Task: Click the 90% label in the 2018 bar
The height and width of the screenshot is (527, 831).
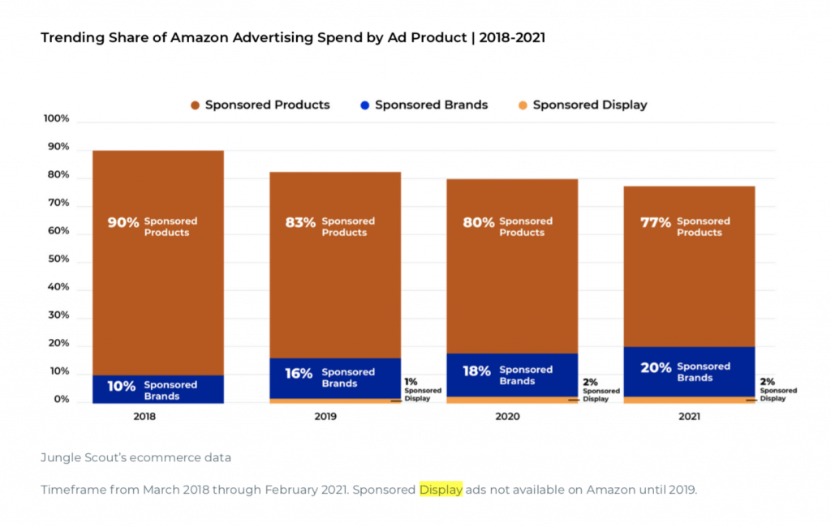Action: (x=123, y=222)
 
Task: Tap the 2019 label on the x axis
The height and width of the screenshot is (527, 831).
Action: (x=334, y=417)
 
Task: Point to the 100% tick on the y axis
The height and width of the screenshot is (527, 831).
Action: (x=56, y=119)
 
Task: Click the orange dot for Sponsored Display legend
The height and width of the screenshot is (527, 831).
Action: (x=523, y=105)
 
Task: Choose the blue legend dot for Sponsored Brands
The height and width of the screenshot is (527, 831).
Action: (x=365, y=105)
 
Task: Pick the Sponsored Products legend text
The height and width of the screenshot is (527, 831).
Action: (x=267, y=105)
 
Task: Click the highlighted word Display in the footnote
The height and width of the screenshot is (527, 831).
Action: (x=441, y=490)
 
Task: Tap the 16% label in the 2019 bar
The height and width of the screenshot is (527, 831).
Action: (x=299, y=373)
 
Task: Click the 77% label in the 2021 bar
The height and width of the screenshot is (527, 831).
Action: (x=655, y=222)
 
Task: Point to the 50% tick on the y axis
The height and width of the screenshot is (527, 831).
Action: (x=58, y=260)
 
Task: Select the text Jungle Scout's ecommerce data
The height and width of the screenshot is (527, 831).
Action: (x=136, y=457)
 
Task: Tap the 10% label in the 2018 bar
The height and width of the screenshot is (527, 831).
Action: (x=121, y=386)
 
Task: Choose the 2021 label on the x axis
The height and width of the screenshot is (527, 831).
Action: (x=689, y=417)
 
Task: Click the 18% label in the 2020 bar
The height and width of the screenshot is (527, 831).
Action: (x=476, y=371)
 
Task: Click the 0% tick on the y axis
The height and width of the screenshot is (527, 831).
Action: (x=62, y=400)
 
